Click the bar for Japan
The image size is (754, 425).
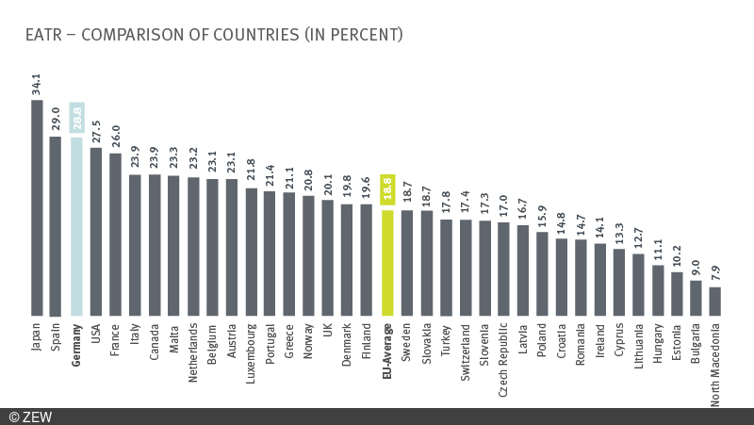tap(37, 207)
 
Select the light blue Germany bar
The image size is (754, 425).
tap(76, 226)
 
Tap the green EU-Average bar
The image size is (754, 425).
tap(386, 263)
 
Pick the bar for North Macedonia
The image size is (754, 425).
tap(715, 302)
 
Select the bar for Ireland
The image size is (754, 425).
tap(600, 279)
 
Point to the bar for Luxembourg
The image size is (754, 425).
tap(251, 252)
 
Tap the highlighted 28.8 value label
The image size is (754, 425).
tap(76, 118)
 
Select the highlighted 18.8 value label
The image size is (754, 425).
tap(386, 190)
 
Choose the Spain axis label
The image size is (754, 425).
tap(57, 337)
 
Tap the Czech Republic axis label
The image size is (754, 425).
tap(503, 357)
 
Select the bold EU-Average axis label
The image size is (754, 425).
tap(387, 351)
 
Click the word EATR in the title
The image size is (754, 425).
tap(45, 35)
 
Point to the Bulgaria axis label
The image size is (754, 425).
tap(697, 345)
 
